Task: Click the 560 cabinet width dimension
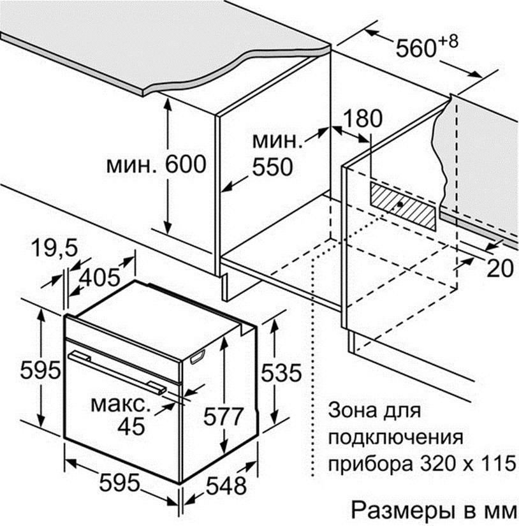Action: point(416,48)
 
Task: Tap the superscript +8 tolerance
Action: point(448,42)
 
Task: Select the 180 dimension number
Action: point(363,119)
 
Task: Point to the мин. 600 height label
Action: point(156,164)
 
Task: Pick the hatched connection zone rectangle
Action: point(404,207)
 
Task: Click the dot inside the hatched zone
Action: point(400,204)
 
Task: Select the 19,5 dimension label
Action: point(55,249)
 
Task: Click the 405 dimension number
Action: point(101,278)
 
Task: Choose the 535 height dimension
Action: point(281,373)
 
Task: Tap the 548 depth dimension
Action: point(226,485)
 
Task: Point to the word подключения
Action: point(396,438)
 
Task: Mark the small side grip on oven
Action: point(198,356)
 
